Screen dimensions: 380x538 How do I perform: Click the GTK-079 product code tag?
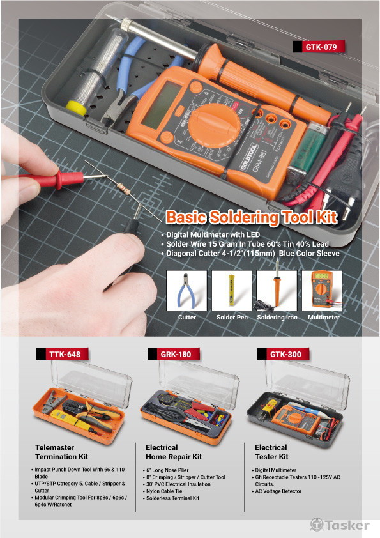pyautogui.click(x=319, y=47)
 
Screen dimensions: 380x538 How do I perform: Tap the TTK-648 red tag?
pyautogui.click(x=63, y=354)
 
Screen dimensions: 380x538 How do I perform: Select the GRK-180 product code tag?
pyautogui.click(x=174, y=354)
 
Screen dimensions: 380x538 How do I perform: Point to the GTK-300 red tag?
pyautogui.click(x=284, y=354)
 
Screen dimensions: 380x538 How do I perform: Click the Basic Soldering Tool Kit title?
pyautogui.click(x=252, y=217)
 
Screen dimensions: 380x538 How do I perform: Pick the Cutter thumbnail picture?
pyautogui.click(x=186, y=290)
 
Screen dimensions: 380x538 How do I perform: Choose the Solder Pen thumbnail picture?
pyautogui.click(x=232, y=290)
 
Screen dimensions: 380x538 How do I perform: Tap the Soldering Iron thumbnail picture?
pyautogui.click(x=277, y=290)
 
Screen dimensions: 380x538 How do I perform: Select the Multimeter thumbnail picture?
pyautogui.click(x=322, y=290)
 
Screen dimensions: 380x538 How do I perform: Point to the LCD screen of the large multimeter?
pyautogui.click(x=160, y=104)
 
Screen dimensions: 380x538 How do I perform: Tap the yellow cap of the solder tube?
pyautogui.click(x=76, y=107)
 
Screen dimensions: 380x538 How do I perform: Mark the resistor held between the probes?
pyautogui.click(x=124, y=188)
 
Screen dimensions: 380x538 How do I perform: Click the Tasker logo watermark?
pyautogui.click(x=340, y=525)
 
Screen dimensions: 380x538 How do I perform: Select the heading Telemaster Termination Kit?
pyautogui.click(x=62, y=452)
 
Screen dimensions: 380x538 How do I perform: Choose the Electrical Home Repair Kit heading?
pyautogui.click(x=174, y=452)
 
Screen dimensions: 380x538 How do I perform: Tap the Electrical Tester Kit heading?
pyautogui.click(x=271, y=452)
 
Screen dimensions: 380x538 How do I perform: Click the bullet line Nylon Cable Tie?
pyautogui.click(x=162, y=491)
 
